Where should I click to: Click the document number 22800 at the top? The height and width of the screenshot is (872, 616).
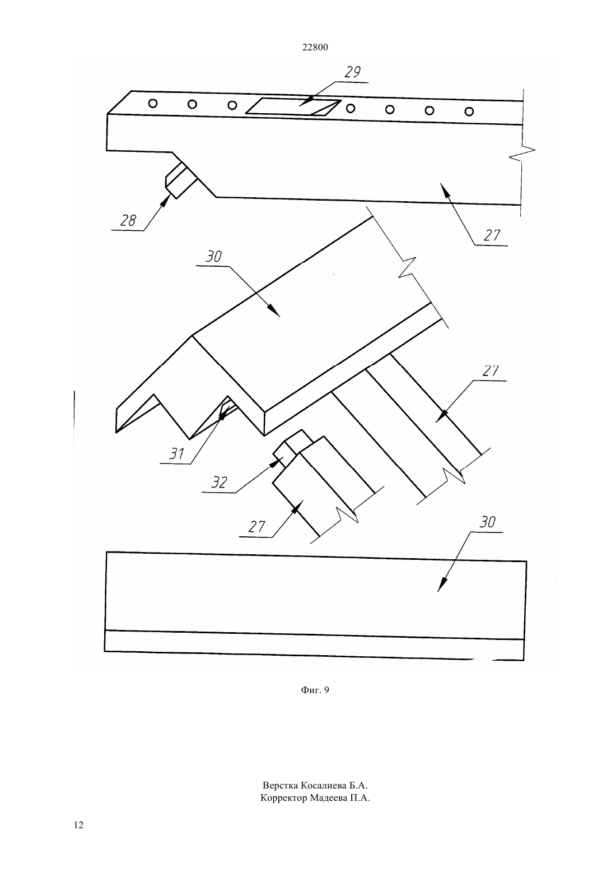[x=315, y=48]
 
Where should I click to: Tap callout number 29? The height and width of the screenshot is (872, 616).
[x=352, y=72]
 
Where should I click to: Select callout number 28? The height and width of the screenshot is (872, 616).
[x=128, y=221]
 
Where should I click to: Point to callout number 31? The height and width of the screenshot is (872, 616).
[x=176, y=453]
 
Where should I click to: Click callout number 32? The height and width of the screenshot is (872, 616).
[x=219, y=483]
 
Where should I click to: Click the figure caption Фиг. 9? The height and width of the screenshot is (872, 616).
[x=315, y=690]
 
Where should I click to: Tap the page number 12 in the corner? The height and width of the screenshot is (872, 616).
[x=78, y=825]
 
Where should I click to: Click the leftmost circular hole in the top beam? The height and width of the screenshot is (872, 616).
[x=153, y=103]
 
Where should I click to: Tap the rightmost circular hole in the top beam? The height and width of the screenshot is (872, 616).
[x=469, y=112]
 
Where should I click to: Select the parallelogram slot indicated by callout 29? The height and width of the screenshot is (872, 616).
[x=293, y=107]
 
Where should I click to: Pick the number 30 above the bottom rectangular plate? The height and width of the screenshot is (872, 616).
[x=487, y=522]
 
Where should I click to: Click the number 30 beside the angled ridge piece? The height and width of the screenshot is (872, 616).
[x=213, y=256]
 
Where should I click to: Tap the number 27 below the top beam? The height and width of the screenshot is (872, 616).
[x=492, y=235]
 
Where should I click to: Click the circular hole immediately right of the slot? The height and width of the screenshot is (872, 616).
[x=351, y=108]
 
